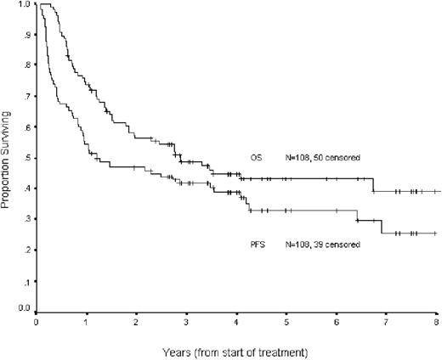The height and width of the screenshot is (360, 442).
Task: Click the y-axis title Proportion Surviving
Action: (x=8, y=158)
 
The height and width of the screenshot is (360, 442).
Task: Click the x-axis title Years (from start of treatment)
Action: (x=237, y=348)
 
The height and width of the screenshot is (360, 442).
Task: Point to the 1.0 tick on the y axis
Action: (x=25, y=5)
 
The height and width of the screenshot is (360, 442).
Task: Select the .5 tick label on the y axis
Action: (x=26, y=158)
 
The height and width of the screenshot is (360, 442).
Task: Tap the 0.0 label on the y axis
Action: (x=25, y=310)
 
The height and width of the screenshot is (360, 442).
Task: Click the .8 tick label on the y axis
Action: (x=26, y=66)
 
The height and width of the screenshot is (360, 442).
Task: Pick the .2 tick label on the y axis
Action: (x=26, y=250)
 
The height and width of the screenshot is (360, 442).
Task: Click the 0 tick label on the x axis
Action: (x=37, y=323)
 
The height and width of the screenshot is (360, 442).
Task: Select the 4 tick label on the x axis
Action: (x=237, y=323)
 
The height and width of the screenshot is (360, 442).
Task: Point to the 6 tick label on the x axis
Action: (x=337, y=323)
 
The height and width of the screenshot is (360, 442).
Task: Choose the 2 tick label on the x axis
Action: (x=137, y=323)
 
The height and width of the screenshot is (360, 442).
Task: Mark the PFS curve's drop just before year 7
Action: (x=382, y=226)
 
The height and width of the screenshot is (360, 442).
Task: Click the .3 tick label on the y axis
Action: (x=26, y=219)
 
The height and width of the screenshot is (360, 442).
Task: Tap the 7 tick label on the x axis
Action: (x=388, y=323)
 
